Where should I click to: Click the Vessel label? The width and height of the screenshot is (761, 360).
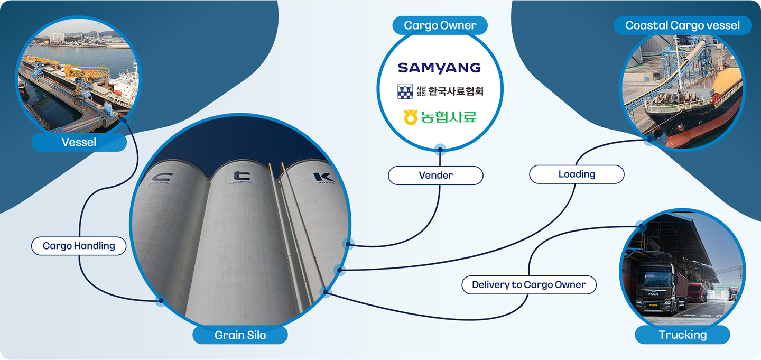coord(79,142)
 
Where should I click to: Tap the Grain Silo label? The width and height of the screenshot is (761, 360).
coord(240,335)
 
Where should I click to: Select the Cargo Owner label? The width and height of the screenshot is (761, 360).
coord(440,25)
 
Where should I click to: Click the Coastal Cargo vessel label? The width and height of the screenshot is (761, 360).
coord(682,25)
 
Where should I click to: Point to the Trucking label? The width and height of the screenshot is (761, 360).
coord(682,335)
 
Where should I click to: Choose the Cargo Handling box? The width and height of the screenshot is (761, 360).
coord(79,246)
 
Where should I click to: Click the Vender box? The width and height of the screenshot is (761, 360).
coord(435,176)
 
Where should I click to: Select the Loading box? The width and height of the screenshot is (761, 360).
coord(577,174)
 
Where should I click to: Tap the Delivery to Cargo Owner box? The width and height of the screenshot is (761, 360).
coord(528,285)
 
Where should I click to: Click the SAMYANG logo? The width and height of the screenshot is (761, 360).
coord(439,68)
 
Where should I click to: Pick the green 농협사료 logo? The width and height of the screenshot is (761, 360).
coord(440,116)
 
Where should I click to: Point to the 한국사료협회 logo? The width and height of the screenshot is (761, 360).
coord(440,91)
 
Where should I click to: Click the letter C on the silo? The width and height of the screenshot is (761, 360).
coord(161,177)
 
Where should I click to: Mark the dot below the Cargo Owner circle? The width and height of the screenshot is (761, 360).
coord(440,149)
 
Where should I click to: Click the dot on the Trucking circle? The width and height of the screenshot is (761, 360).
coord(641,226)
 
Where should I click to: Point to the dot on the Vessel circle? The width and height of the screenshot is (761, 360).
coord(124,120)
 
